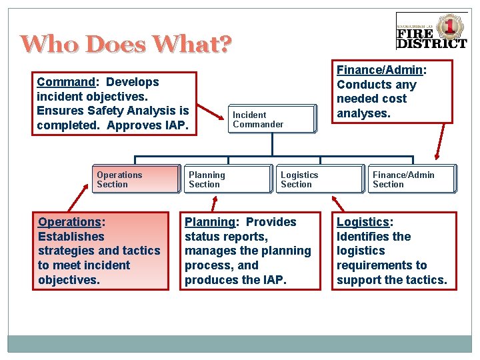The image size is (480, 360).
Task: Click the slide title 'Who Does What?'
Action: click(126, 44)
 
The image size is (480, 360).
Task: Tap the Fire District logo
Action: click(431, 31)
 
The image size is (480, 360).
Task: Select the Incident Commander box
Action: click(272, 119)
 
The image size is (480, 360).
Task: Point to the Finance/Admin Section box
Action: click(411, 179)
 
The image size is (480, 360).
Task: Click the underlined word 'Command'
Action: click(66, 82)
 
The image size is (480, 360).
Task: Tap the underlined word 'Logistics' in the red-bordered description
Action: click(363, 222)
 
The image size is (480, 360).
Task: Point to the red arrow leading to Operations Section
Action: click(81, 197)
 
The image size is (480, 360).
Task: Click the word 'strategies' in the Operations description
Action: click(66, 251)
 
